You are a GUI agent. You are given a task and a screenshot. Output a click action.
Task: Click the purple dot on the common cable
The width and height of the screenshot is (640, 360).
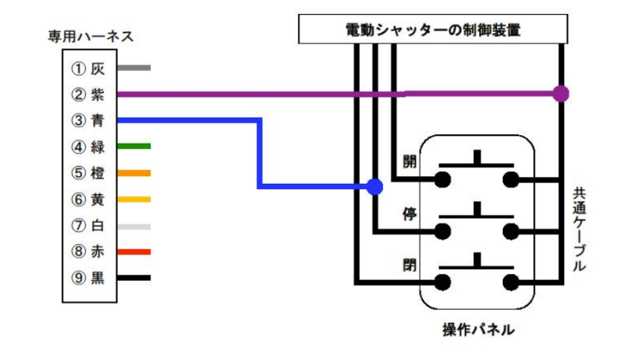click(561, 94)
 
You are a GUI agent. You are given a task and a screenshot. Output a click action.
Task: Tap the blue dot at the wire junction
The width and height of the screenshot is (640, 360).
click(375, 186)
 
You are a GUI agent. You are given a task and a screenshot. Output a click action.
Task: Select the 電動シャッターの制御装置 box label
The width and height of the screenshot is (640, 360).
click(432, 31)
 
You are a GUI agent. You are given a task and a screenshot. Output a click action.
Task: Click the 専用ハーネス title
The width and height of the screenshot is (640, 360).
click(91, 36)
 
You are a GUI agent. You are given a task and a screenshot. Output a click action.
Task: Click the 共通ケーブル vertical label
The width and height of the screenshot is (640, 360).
click(579, 229)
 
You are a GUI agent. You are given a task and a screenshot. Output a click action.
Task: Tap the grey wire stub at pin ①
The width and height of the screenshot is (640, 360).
click(133, 68)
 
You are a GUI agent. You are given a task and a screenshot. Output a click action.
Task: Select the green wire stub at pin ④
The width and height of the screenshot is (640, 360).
click(133, 146)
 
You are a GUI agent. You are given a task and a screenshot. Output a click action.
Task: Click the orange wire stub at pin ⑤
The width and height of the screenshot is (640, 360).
click(133, 172)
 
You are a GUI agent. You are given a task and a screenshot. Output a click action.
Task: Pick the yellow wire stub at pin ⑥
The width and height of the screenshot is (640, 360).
click(133, 199)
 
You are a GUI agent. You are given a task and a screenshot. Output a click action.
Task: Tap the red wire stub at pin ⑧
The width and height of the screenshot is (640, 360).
click(133, 251)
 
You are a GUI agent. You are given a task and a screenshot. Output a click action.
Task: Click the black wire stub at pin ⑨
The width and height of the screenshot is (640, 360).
click(133, 278)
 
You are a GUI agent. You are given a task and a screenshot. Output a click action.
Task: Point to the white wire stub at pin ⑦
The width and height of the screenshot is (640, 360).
click(133, 226)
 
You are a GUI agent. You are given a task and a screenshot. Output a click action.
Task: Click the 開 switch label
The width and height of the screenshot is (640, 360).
click(410, 162)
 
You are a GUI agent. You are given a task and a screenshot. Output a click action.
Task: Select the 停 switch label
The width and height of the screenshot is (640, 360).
click(410, 213)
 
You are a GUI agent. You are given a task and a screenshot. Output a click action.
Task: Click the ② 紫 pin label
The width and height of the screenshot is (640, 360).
click(88, 95)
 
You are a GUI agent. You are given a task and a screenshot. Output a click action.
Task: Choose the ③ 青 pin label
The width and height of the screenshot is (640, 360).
click(88, 120)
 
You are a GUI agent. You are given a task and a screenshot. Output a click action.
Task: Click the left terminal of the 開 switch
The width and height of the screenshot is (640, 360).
click(443, 180)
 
